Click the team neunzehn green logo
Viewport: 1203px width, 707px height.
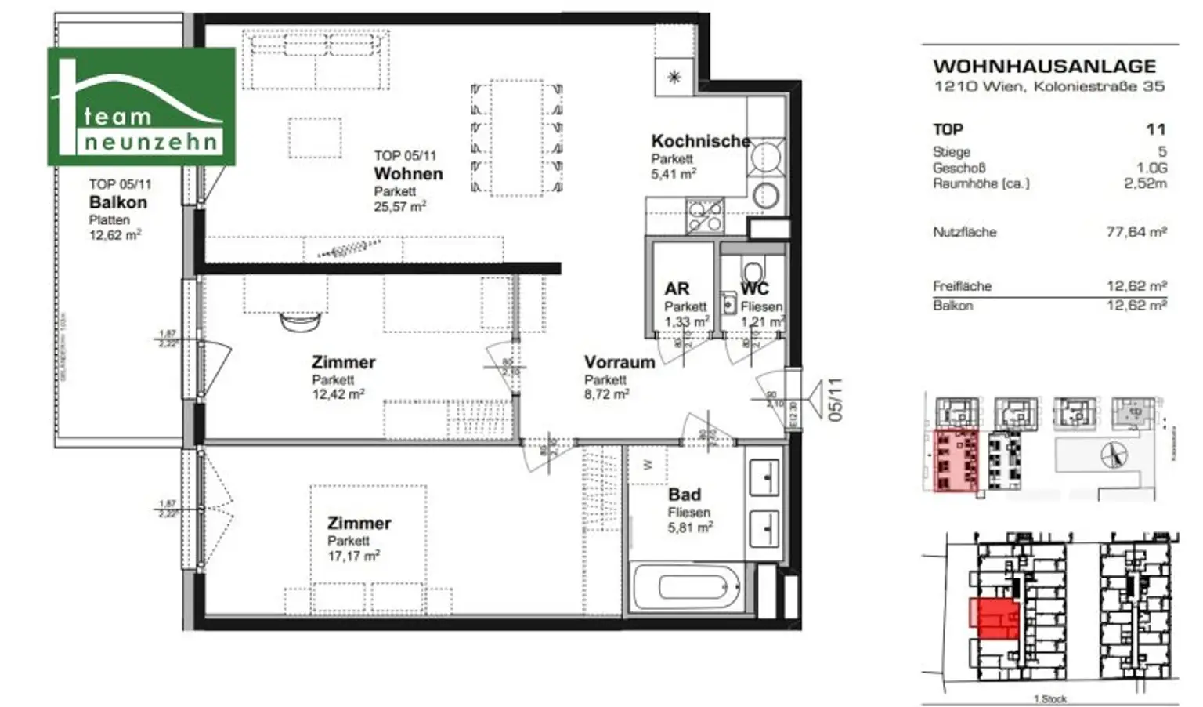142,107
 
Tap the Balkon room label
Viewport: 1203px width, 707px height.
117,202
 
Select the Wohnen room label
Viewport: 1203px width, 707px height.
408,174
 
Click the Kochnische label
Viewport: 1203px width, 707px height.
700,142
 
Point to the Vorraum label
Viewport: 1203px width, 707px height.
619,362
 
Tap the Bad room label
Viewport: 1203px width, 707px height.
684,495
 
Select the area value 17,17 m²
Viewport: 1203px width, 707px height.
353,557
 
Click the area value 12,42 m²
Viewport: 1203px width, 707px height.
338,395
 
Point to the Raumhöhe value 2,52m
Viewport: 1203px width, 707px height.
1144,184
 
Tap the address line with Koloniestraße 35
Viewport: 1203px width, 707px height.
1049,87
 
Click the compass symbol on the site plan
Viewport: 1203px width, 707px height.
1114,454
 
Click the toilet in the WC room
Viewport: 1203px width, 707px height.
753,266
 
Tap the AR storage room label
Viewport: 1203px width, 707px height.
677,289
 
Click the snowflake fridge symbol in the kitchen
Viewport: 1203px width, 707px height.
674,77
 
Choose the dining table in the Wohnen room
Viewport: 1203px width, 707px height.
517,136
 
